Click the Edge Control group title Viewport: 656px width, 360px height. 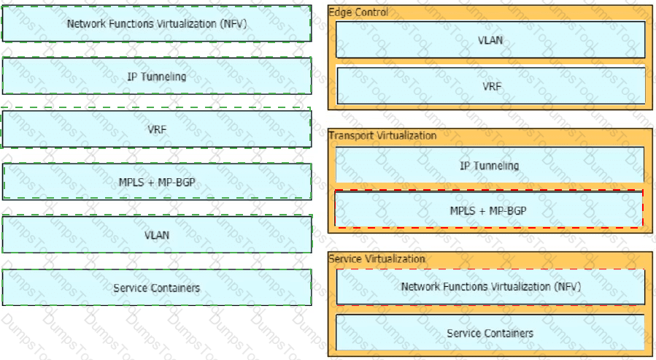358,12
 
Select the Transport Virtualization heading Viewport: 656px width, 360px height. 382,136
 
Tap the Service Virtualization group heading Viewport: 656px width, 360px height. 377,258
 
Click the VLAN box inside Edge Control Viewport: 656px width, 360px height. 490,39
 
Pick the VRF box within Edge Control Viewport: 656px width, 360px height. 491,86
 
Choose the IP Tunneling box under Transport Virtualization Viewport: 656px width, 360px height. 490,165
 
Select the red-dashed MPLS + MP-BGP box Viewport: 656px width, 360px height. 489,209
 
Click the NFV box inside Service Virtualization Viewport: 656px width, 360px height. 491,287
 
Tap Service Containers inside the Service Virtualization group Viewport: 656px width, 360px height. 490,333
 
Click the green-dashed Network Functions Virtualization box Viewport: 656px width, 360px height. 156,23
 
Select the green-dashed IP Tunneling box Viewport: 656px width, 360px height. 157,76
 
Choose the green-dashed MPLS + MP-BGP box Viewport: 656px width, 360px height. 157,182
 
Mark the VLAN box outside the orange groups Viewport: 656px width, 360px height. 157,234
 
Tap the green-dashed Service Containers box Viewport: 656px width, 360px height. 157,288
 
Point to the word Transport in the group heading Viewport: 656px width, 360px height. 350,136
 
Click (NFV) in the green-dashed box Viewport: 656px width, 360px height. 234,24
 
